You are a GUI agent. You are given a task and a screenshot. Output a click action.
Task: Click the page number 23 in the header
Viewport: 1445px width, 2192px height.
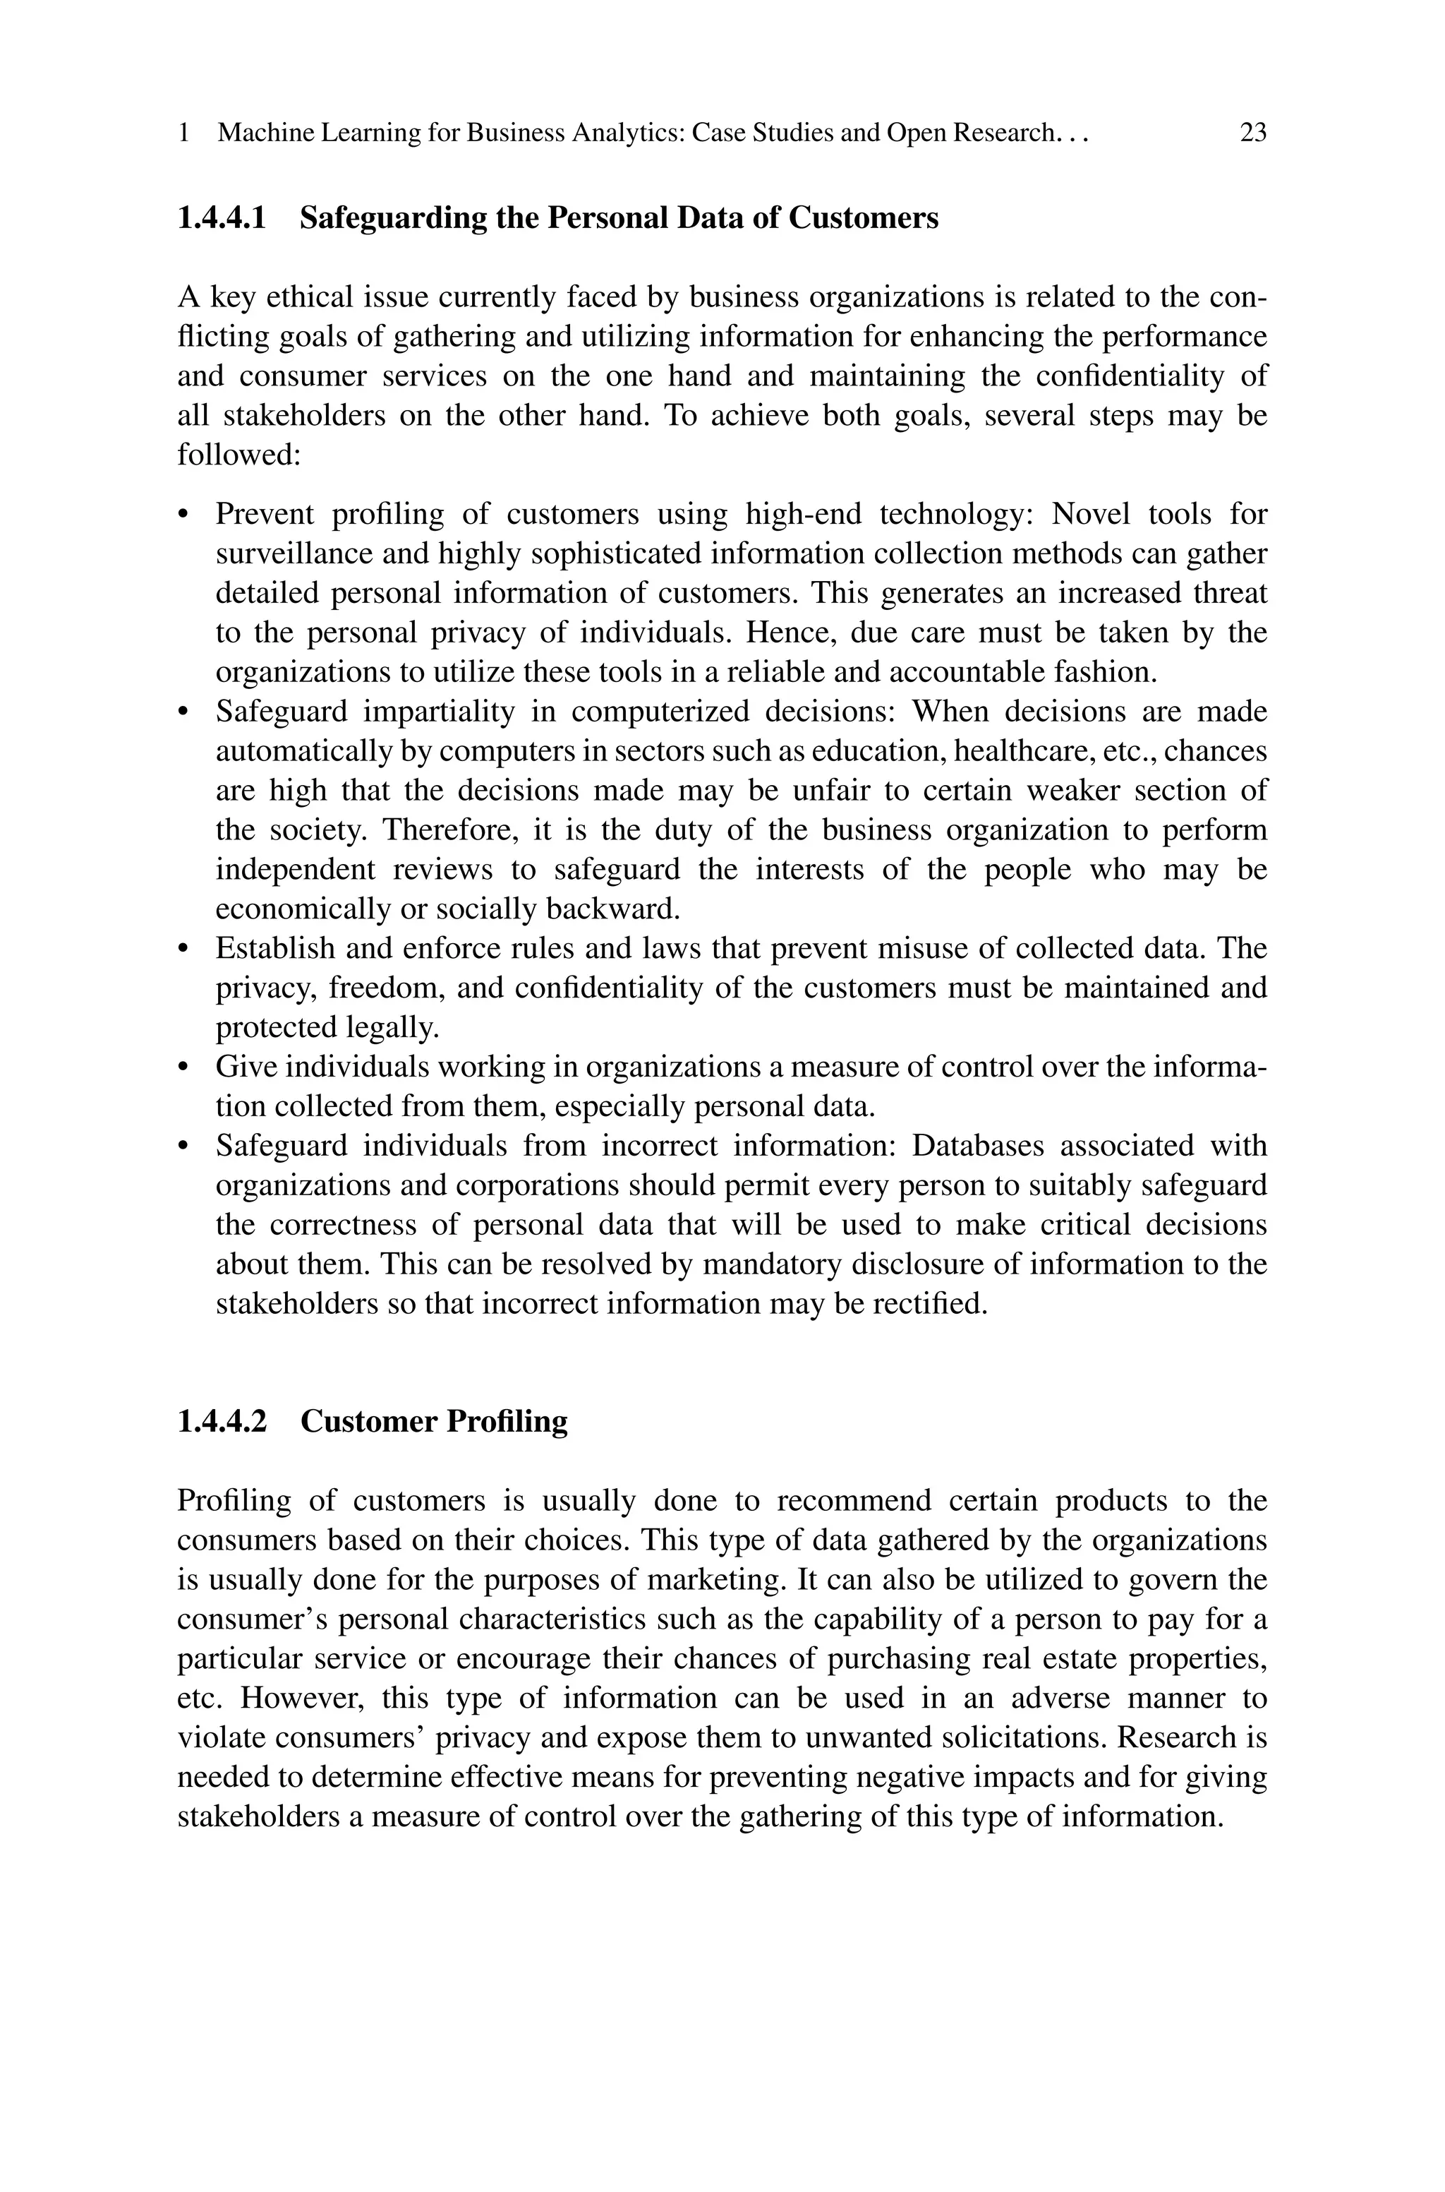(1252, 133)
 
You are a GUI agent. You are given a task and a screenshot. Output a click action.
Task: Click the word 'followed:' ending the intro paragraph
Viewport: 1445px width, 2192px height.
(240, 455)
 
